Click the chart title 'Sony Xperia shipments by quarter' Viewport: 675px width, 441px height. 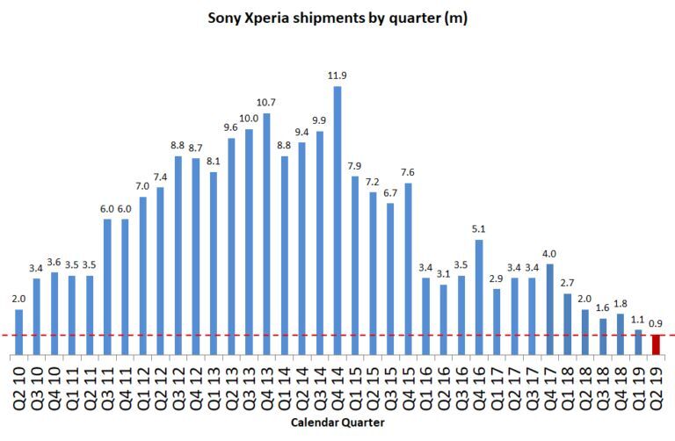337,18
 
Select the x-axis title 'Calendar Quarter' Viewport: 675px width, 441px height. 338,423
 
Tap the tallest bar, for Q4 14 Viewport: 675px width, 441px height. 337,220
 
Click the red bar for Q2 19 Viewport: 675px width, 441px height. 656,345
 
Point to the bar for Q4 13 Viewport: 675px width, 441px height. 267,234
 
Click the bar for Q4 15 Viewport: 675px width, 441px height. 408,269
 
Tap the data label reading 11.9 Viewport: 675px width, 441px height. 337,76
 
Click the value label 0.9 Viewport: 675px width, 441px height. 656,324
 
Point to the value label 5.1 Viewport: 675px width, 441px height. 479,229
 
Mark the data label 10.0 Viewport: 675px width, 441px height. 249,119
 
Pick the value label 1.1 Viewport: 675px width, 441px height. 638,320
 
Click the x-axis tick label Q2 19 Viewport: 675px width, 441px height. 656,384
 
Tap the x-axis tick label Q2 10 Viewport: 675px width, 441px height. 19,384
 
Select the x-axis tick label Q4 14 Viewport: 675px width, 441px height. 337,384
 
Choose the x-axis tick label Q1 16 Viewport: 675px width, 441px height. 426,384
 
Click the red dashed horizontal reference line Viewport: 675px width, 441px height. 176,335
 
